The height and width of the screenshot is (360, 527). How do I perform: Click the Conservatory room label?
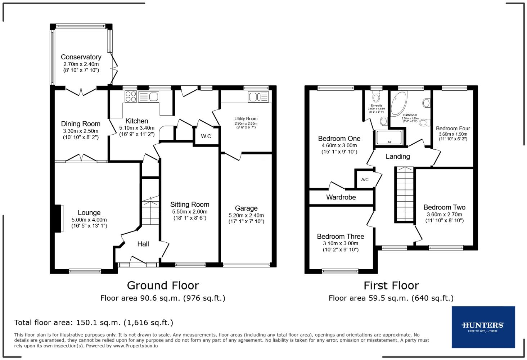81,57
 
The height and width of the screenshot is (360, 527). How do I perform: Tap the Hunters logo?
483,327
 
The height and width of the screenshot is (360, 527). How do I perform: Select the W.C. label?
207,136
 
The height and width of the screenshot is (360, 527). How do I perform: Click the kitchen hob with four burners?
130,96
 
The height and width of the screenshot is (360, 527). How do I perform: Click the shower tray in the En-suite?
388,138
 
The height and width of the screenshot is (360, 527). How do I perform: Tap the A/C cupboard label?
365,180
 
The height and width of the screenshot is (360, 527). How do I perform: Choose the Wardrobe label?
341,197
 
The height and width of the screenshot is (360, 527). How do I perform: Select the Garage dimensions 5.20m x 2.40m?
246,215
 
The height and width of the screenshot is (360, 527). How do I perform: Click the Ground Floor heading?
163,285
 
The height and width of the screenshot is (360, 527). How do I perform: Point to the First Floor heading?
391,285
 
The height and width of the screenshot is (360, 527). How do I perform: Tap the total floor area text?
94,323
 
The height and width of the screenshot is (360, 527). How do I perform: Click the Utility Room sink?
255,96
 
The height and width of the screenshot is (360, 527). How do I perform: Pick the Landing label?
397,156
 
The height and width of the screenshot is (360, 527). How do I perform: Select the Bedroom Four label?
453,129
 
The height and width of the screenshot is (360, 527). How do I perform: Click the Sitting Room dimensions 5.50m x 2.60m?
189,212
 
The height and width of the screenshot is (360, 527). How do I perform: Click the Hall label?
143,244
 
